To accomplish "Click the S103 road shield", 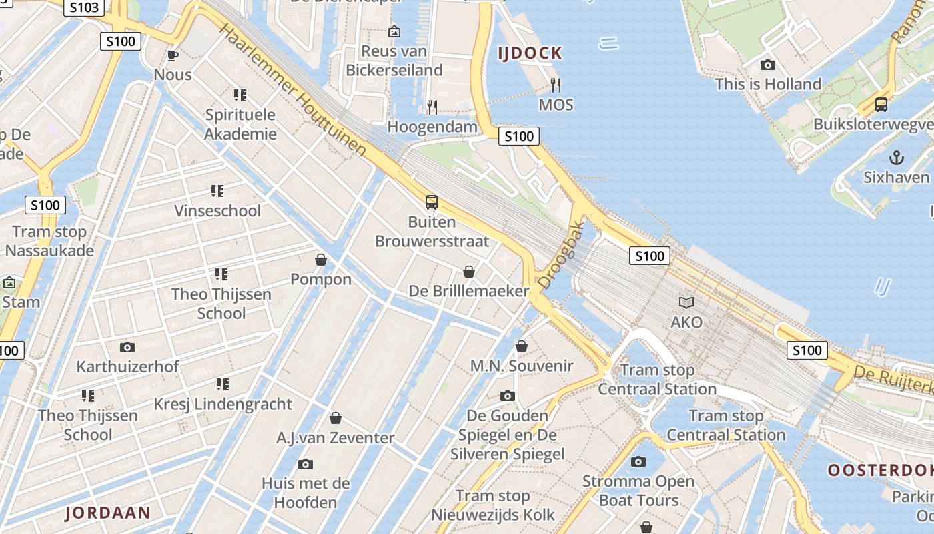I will (85, 8).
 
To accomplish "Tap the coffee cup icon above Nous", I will (173, 55).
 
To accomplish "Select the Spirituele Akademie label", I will (240, 124).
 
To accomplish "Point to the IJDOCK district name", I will (530, 53).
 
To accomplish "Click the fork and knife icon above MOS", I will (556, 85).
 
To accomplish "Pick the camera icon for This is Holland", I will (768, 65).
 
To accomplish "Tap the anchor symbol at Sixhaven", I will (897, 158).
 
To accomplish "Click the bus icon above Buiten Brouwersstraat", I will (432, 202).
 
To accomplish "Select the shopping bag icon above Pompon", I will (321, 259).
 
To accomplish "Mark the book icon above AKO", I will (686, 302).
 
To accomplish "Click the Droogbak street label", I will (560, 255).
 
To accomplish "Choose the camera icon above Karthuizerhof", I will (127, 347).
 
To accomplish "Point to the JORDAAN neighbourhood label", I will (108, 513).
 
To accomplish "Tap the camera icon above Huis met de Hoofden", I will (306, 464).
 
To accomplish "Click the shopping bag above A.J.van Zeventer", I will (336, 418).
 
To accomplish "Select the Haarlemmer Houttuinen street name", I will (293, 90).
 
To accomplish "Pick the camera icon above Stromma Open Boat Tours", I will (638, 461).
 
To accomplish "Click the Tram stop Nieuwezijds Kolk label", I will (493, 505).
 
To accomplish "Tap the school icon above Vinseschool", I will (217, 192).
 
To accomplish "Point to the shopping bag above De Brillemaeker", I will (469, 271).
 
